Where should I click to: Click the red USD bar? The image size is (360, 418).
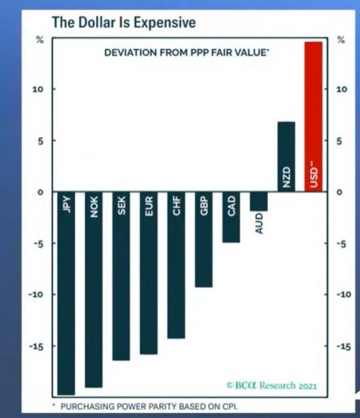(x=314, y=116)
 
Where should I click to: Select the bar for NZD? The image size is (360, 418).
(x=286, y=157)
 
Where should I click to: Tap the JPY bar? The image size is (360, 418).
(x=66, y=293)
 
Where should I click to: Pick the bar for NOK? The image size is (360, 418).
(x=94, y=290)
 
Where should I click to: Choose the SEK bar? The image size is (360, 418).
(x=121, y=276)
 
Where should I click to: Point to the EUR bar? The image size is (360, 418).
(x=149, y=273)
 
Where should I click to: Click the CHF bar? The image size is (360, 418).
(x=176, y=265)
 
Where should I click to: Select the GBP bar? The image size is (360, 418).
(x=204, y=239)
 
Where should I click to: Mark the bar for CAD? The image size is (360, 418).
(x=231, y=217)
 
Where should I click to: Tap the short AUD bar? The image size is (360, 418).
(x=258, y=201)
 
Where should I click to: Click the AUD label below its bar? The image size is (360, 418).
(x=259, y=223)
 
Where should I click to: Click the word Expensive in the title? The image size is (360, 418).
(x=165, y=22)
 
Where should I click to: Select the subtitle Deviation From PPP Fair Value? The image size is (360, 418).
(x=186, y=52)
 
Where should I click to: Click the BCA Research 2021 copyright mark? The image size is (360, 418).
(x=271, y=385)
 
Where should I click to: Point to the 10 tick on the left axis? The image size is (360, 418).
(x=38, y=89)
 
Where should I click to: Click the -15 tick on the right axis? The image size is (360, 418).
(x=343, y=347)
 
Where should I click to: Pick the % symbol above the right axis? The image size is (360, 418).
(x=341, y=40)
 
